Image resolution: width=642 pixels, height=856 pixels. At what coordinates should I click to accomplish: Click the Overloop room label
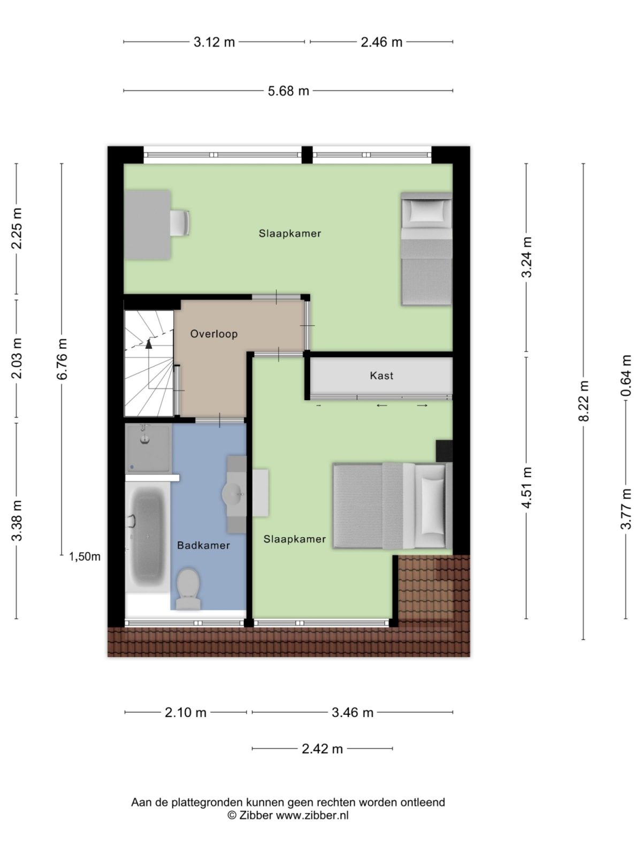pyautogui.click(x=214, y=334)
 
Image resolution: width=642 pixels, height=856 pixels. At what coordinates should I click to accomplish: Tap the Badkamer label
pyautogui.click(x=203, y=545)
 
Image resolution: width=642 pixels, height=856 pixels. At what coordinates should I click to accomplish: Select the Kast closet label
pyautogui.click(x=381, y=376)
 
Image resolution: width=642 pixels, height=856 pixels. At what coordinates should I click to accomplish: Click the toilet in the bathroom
pyautogui.click(x=188, y=587)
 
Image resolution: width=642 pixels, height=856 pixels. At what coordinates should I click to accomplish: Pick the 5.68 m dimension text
pyautogui.click(x=288, y=91)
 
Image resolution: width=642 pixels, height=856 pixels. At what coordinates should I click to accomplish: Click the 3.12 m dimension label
pyautogui.click(x=214, y=42)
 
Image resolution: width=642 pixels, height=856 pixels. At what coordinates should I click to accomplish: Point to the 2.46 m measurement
pyautogui.click(x=381, y=42)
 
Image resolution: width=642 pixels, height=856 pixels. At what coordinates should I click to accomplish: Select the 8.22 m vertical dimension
pyautogui.click(x=584, y=401)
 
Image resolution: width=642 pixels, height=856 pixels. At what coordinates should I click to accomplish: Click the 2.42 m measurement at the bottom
pyautogui.click(x=322, y=748)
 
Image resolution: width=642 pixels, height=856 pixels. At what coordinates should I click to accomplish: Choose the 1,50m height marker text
pyautogui.click(x=85, y=556)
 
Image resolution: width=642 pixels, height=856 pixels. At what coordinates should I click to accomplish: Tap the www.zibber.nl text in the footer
pyautogui.click(x=312, y=815)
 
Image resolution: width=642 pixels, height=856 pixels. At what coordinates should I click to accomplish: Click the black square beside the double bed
pyautogui.click(x=444, y=450)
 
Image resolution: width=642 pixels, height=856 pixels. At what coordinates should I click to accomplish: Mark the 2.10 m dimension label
pyautogui.click(x=185, y=712)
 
